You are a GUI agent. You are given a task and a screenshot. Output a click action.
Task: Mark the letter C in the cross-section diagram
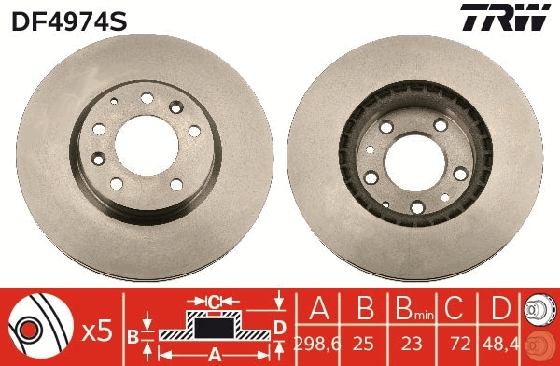pos(214,302)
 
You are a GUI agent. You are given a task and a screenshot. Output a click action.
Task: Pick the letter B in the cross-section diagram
pos(133,333)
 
